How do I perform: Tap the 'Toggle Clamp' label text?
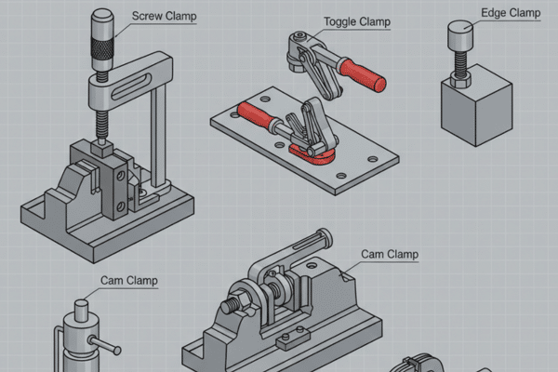(x=358, y=21)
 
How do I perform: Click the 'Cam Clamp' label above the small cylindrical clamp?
(x=128, y=280)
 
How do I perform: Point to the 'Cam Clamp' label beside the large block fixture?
(x=390, y=254)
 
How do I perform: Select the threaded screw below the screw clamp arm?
(x=100, y=126)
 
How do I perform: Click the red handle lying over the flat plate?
(x=258, y=117)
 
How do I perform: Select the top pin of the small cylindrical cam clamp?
(x=81, y=308)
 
